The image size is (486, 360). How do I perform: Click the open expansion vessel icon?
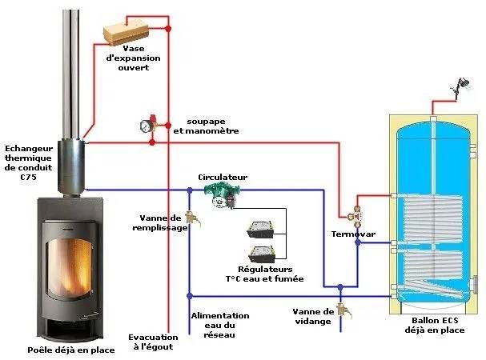(x=127, y=31)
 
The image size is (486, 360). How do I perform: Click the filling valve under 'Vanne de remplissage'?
(x=191, y=218)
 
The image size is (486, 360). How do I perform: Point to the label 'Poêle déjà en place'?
(x=70, y=350)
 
